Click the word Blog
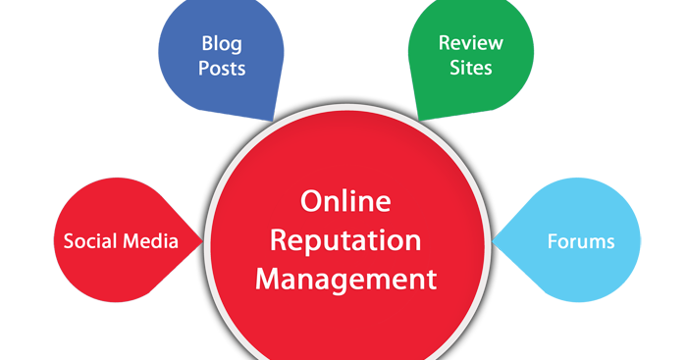222,44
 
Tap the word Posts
222,69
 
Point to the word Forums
581,241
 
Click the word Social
89,241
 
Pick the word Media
149,241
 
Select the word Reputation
345,240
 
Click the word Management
345,278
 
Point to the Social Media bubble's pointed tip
200,241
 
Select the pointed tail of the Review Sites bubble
419,116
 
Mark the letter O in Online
312,202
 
